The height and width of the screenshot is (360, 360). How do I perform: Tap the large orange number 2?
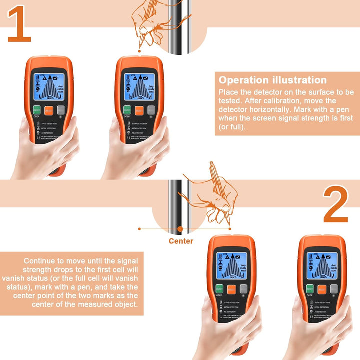335,205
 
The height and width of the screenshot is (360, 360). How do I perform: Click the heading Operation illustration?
273,80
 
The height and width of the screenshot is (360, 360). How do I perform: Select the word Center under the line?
180,241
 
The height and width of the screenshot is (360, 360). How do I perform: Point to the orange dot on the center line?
179,229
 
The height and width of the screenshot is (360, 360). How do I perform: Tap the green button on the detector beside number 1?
36,111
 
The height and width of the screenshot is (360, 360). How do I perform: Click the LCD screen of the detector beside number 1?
48,86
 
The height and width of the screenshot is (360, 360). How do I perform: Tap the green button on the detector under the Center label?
220,289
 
